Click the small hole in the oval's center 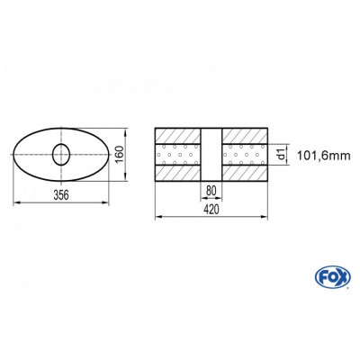(62, 154)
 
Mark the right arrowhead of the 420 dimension (266, 217)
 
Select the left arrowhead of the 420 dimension (158, 217)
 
